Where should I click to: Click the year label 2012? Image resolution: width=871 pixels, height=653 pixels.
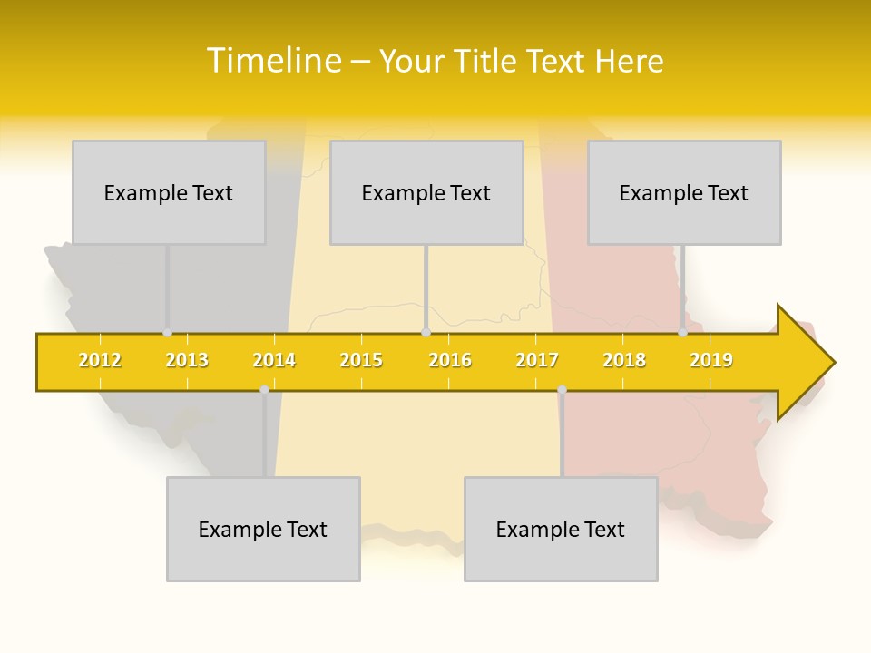coord(100,360)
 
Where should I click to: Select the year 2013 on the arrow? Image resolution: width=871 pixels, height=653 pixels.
coord(187,360)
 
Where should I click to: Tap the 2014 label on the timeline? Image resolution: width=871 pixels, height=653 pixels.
coord(274,360)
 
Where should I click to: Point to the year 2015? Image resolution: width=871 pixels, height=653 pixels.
coord(361,360)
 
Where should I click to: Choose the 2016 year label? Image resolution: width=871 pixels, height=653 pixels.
coord(450,360)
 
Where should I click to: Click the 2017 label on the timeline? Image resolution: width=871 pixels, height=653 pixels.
coord(537,360)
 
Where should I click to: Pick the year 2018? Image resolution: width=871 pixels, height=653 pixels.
coord(624,360)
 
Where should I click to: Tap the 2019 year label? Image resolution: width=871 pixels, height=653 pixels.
coord(711,360)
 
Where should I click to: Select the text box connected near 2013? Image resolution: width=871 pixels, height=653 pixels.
coord(169,192)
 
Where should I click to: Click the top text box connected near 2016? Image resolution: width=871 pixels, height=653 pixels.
coord(426,192)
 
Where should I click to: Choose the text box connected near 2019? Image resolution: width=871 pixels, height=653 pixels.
coord(684,192)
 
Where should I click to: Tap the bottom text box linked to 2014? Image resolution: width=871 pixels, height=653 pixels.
coord(263,529)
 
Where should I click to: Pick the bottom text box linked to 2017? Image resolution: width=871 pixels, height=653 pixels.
coord(561,529)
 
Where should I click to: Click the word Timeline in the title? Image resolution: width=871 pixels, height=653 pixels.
coord(273,61)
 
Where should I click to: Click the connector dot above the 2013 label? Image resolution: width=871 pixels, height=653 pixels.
coord(168,333)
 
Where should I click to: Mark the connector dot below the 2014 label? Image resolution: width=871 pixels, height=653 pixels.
coord(264,390)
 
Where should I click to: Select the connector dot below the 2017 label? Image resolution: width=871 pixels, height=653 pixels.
coord(562,390)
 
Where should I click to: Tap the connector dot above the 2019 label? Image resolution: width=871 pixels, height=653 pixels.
coord(683,333)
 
